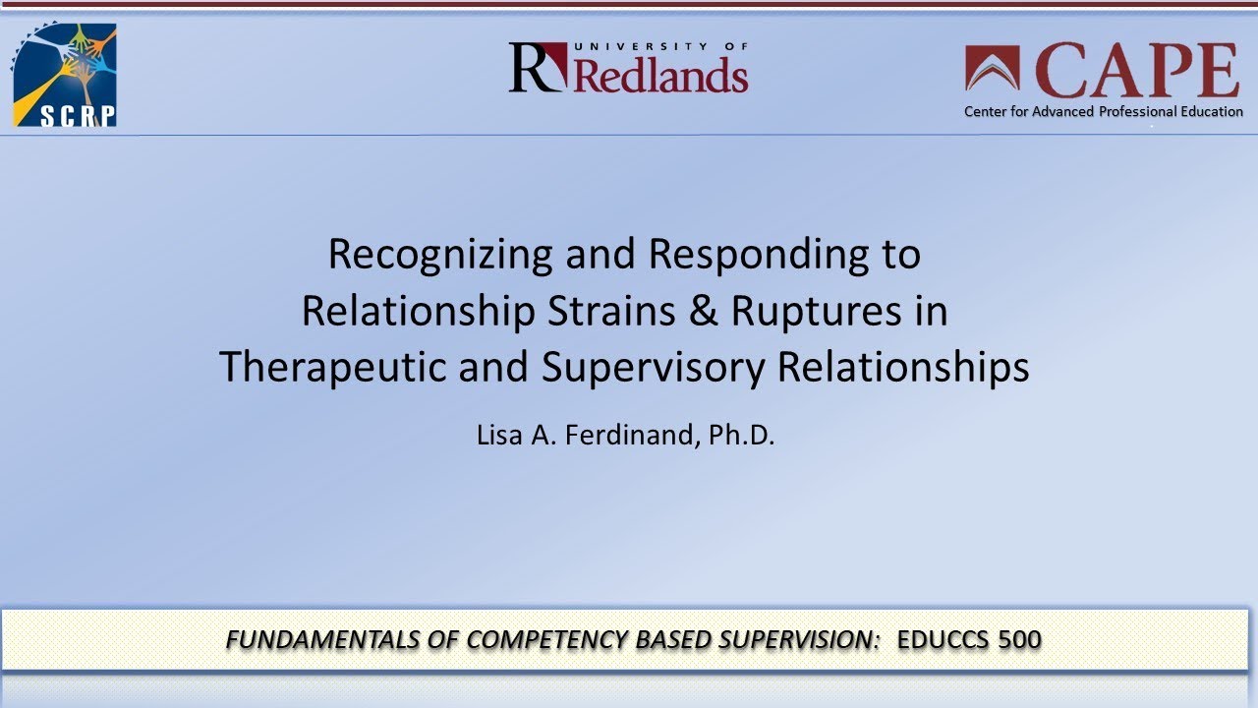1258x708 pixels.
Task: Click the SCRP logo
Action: coord(64,76)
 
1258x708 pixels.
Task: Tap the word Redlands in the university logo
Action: coord(659,76)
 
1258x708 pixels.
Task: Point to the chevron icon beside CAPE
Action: coord(993,69)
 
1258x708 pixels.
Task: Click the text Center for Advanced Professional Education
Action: coord(1103,111)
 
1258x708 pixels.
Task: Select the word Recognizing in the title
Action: coord(440,254)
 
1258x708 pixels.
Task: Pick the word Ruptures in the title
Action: coord(817,311)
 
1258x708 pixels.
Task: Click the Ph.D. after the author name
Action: coord(742,435)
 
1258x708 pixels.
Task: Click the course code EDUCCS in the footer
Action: coord(943,640)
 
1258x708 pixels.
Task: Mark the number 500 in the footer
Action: coord(1019,640)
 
